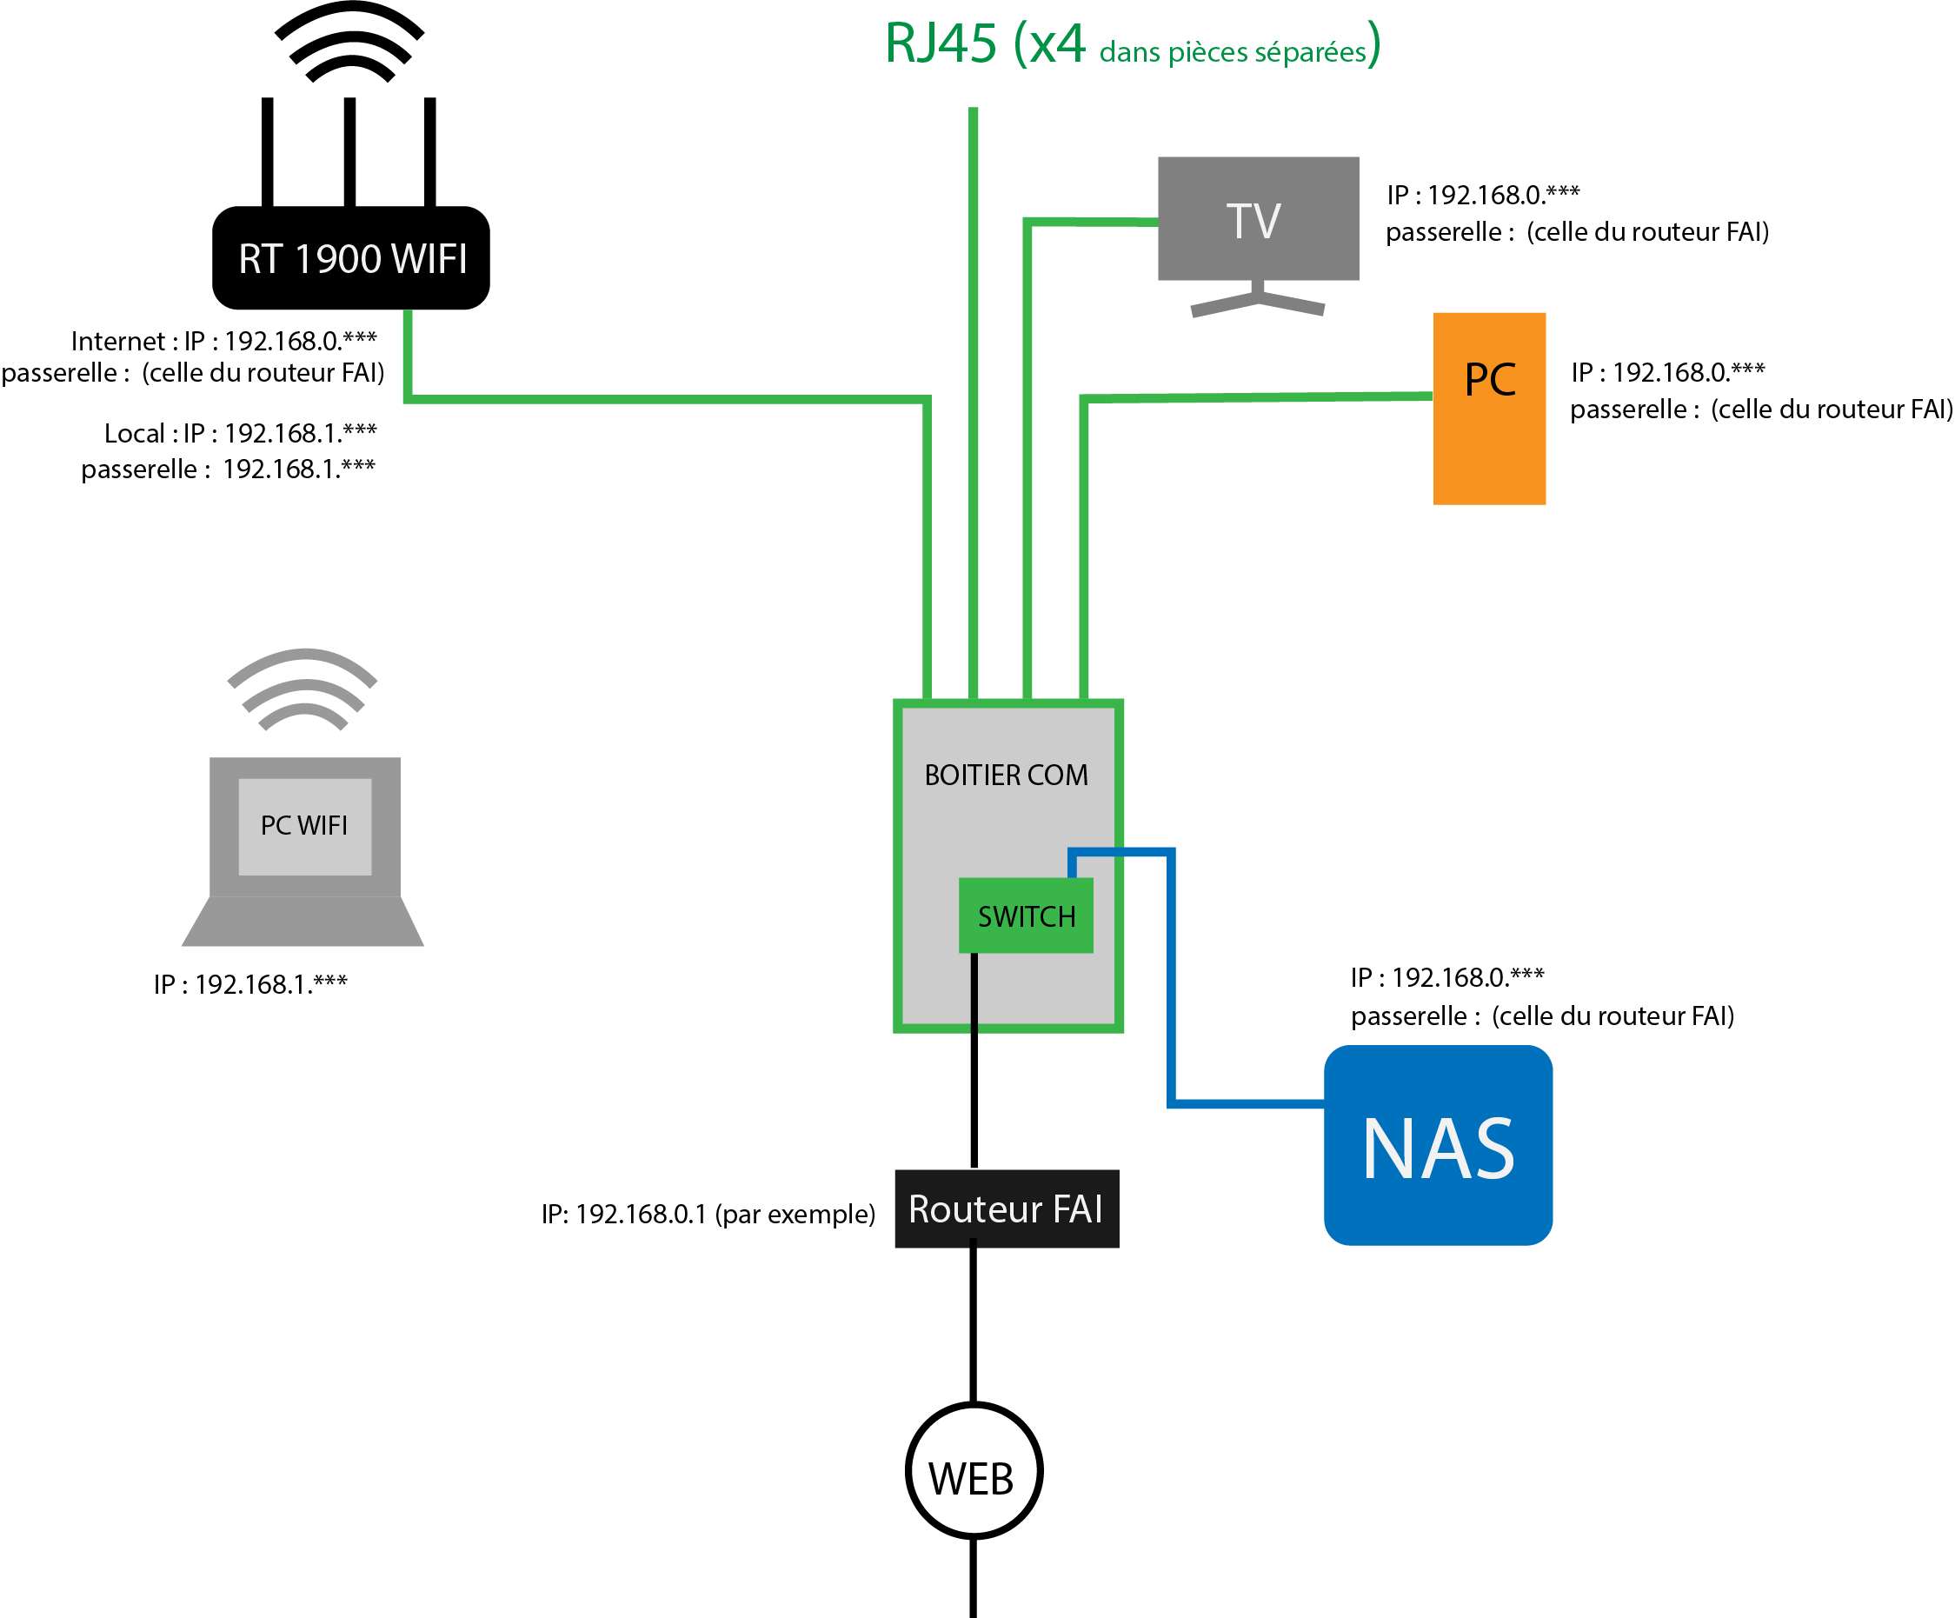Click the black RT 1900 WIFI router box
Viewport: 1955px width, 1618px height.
pyautogui.click(x=351, y=258)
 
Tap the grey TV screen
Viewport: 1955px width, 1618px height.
pyautogui.click(x=1258, y=220)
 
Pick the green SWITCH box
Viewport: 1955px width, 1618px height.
pyautogui.click(x=1026, y=916)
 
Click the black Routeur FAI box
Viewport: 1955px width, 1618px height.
pyautogui.click(x=1007, y=1209)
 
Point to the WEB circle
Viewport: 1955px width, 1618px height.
pyautogui.click(x=973, y=1471)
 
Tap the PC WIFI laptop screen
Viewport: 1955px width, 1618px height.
pyautogui.click(x=304, y=826)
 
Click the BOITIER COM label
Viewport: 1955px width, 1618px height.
pyautogui.click(x=1006, y=775)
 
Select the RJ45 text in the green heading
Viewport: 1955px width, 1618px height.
pyautogui.click(x=941, y=43)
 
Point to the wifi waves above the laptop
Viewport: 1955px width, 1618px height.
pyautogui.click(x=303, y=689)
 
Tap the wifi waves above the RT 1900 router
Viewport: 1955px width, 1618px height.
pyautogui.click(x=349, y=42)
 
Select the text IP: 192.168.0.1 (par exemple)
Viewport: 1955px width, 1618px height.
pyautogui.click(x=708, y=1214)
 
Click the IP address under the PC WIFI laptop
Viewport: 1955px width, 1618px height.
pyautogui.click(x=250, y=984)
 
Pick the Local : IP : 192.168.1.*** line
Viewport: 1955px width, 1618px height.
pyautogui.click(x=240, y=433)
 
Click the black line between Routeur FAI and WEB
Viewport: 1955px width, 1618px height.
pyautogui.click(x=974, y=1322)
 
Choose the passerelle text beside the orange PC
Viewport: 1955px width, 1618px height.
pyautogui.click(x=1760, y=409)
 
